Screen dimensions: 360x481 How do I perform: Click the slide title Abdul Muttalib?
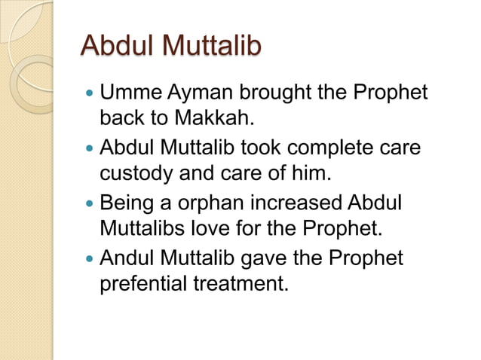(170, 46)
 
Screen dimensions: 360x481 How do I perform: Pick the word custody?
(139, 174)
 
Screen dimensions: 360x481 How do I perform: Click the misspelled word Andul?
(125, 258)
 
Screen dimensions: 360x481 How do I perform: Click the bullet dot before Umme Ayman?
(90, 96)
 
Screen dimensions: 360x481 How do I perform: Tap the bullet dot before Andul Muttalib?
(90, 259)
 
